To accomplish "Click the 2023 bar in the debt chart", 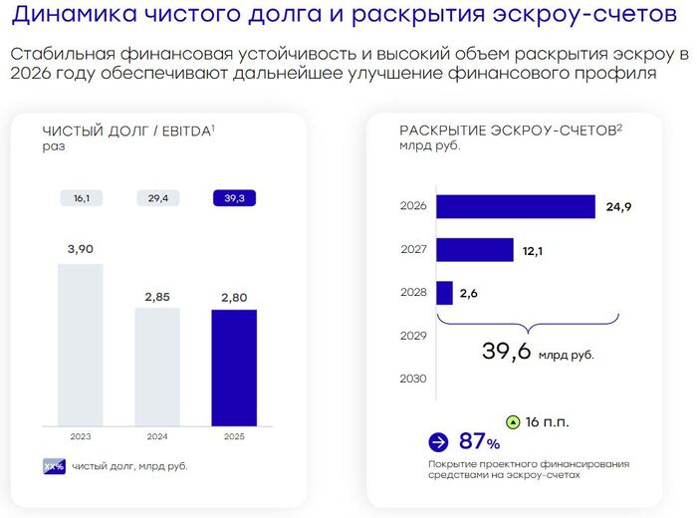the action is (x=81, y=345).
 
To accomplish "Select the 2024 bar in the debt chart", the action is (x=157, y=367).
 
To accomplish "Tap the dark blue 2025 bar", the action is (x=234, y=368).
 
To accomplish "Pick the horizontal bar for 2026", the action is (x=516, y=207).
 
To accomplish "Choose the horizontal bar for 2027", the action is (x=475, y=250).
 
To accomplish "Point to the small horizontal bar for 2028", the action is (x=444, y=293).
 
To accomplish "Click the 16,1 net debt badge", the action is (x=82, y=198).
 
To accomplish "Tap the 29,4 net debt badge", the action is (x=158, y=198).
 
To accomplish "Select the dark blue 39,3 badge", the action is (x=234, y=198).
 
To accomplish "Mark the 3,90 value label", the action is (x=81, y=249).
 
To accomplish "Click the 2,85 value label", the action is (x=157, y=297).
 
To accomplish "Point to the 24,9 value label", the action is (x=618, y=207).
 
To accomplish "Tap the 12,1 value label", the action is (x=533, y=251).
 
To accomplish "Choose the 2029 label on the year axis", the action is (x=413, y=336).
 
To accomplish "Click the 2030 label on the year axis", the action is (x=413, y=379).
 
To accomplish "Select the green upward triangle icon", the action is (x=513, y=422).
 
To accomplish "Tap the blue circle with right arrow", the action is (x=438, y=442).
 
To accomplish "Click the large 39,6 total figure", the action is (x=506, y=351).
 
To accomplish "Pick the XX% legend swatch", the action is (x=54, y=466).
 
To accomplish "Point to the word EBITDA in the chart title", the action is (x=186, y=131).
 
